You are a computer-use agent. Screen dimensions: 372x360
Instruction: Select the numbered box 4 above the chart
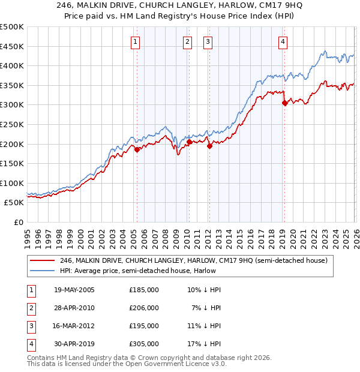click(282, 41)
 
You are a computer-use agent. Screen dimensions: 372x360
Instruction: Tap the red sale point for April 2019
click(284, 103)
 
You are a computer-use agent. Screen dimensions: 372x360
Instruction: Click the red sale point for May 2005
click(137, 150)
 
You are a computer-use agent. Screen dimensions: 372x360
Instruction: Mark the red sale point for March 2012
click(209, 146)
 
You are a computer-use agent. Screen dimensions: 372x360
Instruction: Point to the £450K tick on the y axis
click(12, 46)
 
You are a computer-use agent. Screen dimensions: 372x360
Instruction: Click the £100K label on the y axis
click(12, 183)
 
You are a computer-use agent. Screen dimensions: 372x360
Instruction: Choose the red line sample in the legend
click(43, 261)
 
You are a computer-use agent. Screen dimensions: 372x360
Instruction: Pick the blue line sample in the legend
click(43, 271)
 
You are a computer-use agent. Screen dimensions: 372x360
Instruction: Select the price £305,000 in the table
click(144, 344)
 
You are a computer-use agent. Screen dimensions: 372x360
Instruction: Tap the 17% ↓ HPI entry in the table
click(204, 344)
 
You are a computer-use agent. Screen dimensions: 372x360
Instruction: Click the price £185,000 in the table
click(144, 290)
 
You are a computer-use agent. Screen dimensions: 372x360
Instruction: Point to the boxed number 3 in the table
click(29, 326)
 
